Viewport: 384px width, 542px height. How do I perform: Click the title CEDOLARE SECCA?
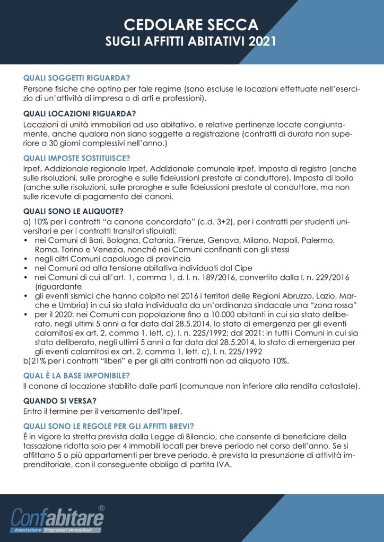tap(191, 24)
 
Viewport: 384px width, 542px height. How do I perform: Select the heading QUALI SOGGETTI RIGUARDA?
tap(77, 77)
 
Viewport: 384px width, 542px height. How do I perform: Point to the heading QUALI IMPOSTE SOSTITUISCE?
tap(77, 158)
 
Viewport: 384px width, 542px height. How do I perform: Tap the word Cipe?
tap(242, 268)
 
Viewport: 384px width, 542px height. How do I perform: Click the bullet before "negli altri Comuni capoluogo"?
tap(27, 259)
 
